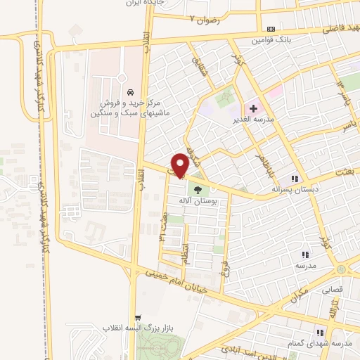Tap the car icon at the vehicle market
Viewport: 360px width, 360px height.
(x=131, y=93)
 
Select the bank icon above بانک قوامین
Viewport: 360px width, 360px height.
(x=271, y=28)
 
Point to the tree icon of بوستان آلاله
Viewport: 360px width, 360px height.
(x=197, y=188)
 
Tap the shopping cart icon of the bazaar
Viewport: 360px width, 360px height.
(x=139, y=317)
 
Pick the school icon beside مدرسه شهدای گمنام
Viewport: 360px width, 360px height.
(x=320, y=333)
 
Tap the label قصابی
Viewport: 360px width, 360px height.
(x=332, y=289)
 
